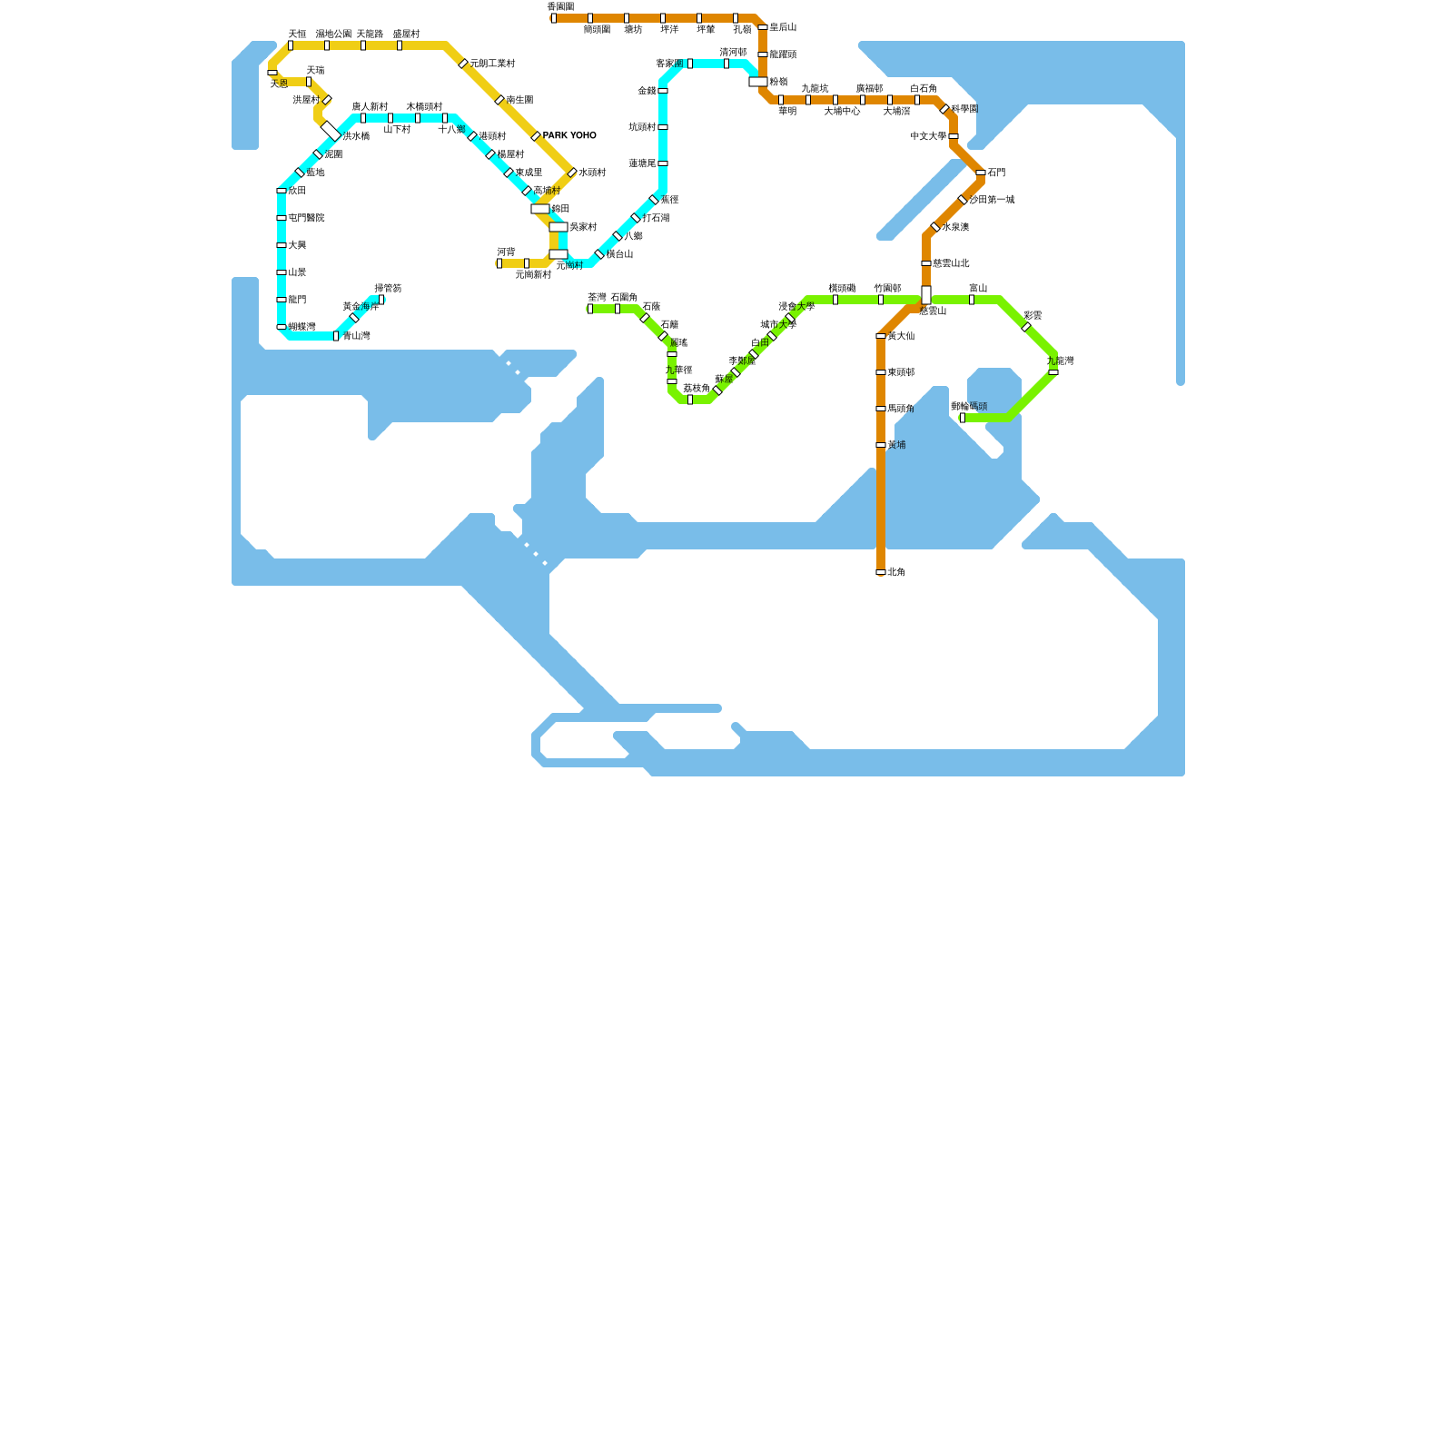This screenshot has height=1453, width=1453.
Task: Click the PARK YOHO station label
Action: coord(569,136)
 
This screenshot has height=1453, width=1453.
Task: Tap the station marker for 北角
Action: coord(881,572)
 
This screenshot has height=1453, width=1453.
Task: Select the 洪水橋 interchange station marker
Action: coord(331,131)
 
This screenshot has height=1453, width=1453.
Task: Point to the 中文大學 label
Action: coord(928,136)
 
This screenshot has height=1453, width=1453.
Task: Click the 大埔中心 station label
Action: coord(842,112)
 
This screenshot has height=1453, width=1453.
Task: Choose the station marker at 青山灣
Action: coord(336,336)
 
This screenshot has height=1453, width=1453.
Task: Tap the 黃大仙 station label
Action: coord(901,336)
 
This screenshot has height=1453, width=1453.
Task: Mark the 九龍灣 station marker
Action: coord(1053,372)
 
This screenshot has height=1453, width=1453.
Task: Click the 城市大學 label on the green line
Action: coord(778,324)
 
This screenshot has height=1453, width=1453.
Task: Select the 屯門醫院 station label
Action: coord(306,218)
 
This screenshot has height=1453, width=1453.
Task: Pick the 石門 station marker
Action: coord(981,173)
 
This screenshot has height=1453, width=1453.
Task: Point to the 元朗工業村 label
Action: coord(492,64)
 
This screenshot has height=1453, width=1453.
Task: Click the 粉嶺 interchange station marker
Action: coord(758,82)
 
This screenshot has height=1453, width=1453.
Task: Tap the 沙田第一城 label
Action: coord(992,200)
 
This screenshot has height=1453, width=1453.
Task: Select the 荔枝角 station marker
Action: coord(690,400)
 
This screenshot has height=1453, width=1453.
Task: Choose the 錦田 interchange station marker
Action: coord(540,209)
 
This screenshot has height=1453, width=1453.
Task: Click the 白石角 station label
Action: coord(924,88)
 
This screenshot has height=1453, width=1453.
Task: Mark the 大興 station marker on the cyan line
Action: coord(282,245)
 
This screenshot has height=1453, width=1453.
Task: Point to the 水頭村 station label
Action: coord(592,173)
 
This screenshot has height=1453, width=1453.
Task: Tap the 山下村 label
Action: coord(397,130)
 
